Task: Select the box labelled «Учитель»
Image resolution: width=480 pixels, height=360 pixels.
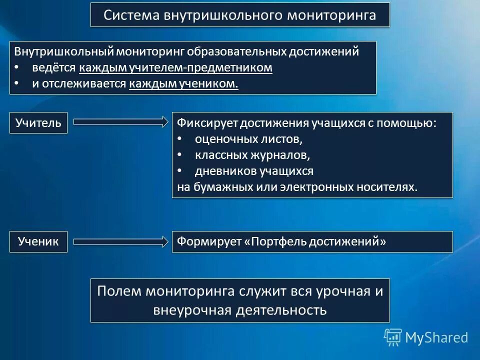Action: (x=38, y=122)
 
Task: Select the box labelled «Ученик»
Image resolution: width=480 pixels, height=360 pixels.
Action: (x=38, y=241)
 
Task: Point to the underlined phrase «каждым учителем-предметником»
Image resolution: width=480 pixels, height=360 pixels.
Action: (x=175, y=68)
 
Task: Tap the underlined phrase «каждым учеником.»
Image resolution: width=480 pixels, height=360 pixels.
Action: (x=183, y=84)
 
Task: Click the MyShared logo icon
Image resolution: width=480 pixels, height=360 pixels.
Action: (x=392, y=337)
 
